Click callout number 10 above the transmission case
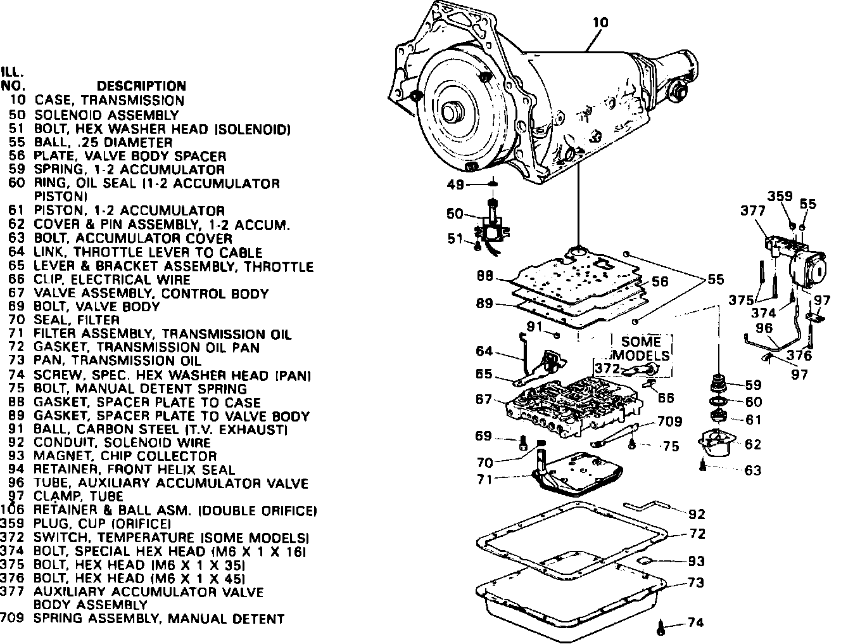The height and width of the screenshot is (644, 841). point(600,23)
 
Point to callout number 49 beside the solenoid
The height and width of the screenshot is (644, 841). point(456,184)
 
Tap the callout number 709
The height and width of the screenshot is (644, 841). point(669,421)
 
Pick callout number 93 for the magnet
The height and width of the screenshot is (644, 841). point(697,562)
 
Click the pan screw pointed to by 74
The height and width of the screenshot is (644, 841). point(661,628)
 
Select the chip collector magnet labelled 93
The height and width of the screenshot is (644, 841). point(645,561)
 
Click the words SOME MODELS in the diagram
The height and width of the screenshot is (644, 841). point(641,348)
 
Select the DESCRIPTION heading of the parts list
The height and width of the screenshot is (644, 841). point(141,86)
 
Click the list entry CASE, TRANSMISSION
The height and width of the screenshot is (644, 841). point(109,100)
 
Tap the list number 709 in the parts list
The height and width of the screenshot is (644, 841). point(12,619)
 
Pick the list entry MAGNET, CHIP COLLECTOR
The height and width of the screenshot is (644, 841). point(125,456)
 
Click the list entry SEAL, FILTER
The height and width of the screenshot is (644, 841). point(77,320)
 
